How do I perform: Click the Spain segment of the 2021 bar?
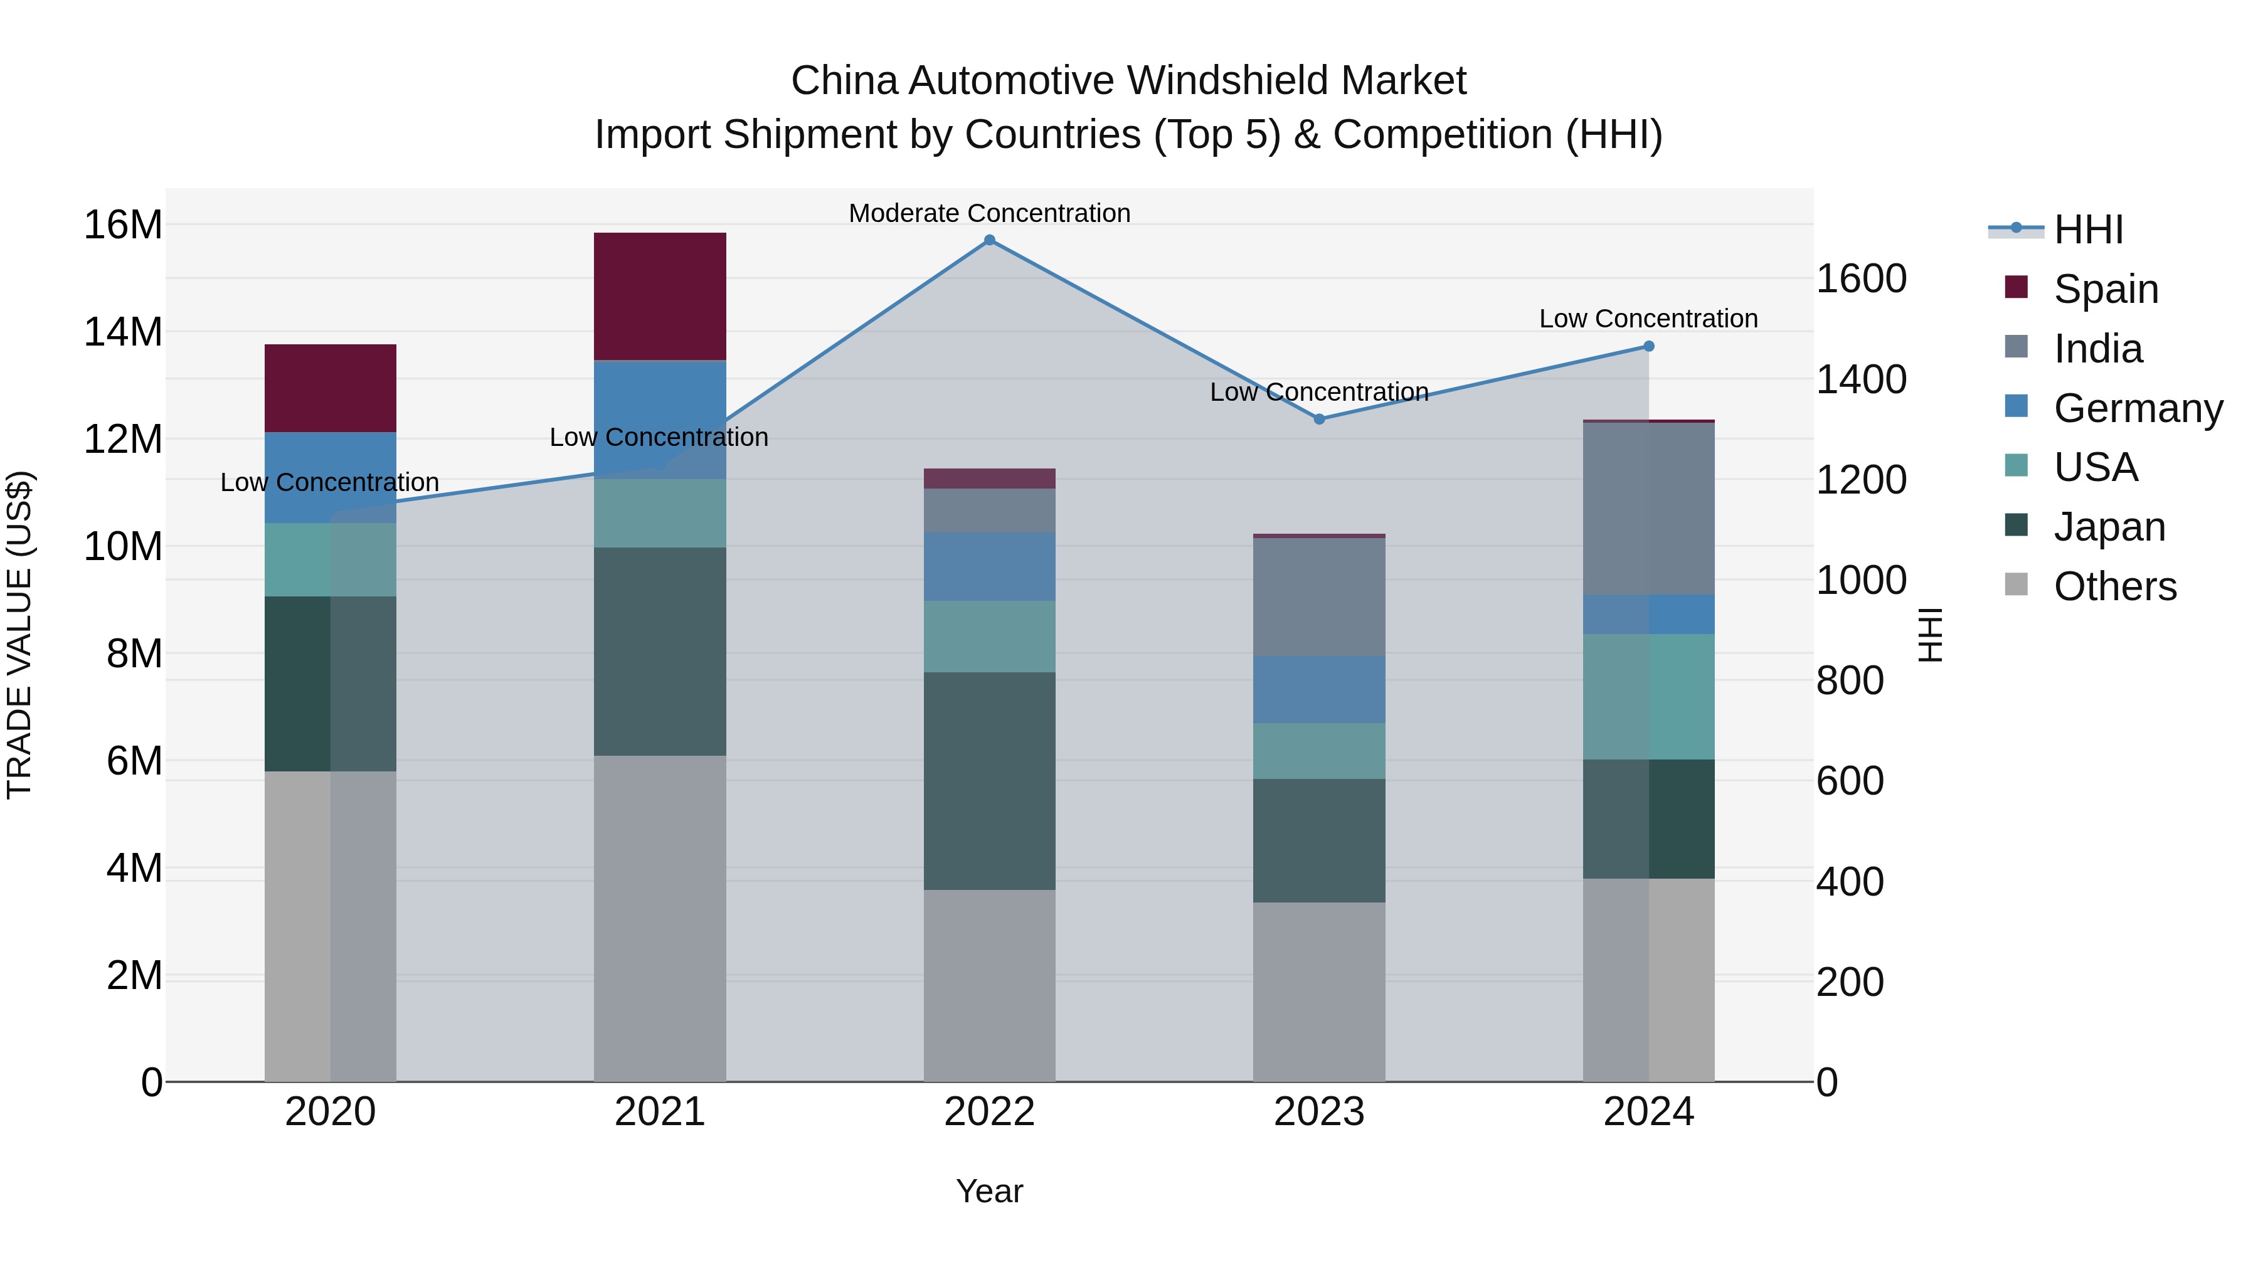point(659,296)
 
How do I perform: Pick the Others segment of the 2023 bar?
point(1318,992)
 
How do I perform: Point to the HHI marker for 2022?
point(990,240)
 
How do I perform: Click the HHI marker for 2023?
point(1319,419)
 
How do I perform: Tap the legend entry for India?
point(2097,349)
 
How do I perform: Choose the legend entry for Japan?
point(2108,527)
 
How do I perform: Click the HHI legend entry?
point(2088,230)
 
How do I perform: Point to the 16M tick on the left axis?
point(123,225)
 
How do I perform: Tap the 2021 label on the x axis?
point(659,1112)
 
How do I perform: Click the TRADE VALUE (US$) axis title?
point(19,635)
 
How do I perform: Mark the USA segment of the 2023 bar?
point(1318,751)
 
